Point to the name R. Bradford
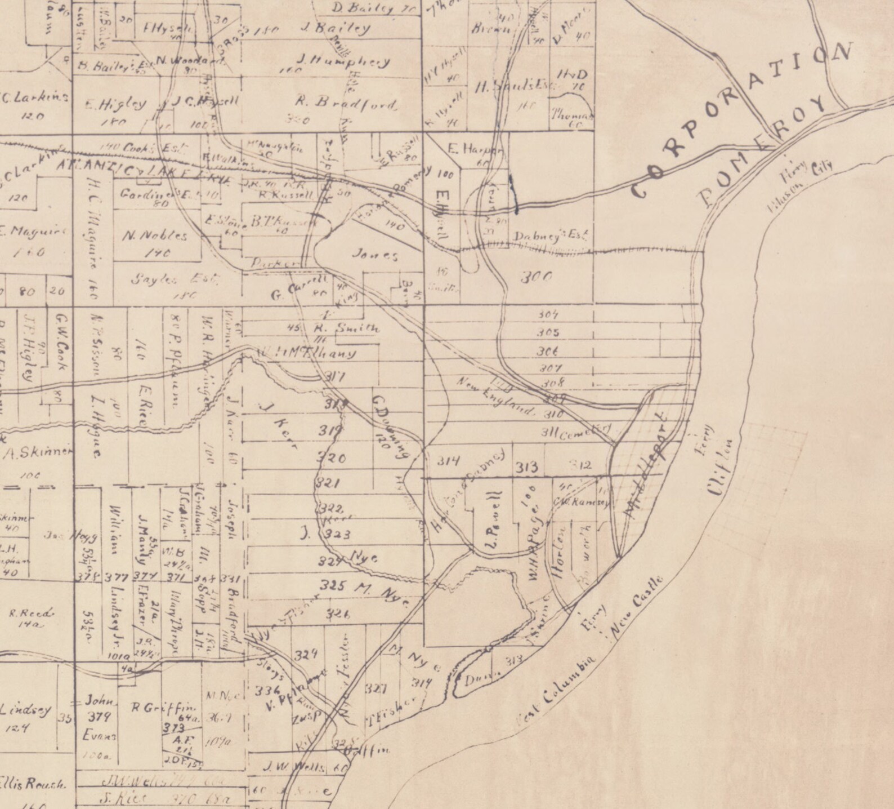[x=347, y=103]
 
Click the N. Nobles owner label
[x=154, y=236]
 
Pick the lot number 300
[x=535, y=277]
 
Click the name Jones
[x=375, y=255]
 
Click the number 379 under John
[x=101, y=717]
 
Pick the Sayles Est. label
[x=175, y=279]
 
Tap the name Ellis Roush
[x=33, y=784]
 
